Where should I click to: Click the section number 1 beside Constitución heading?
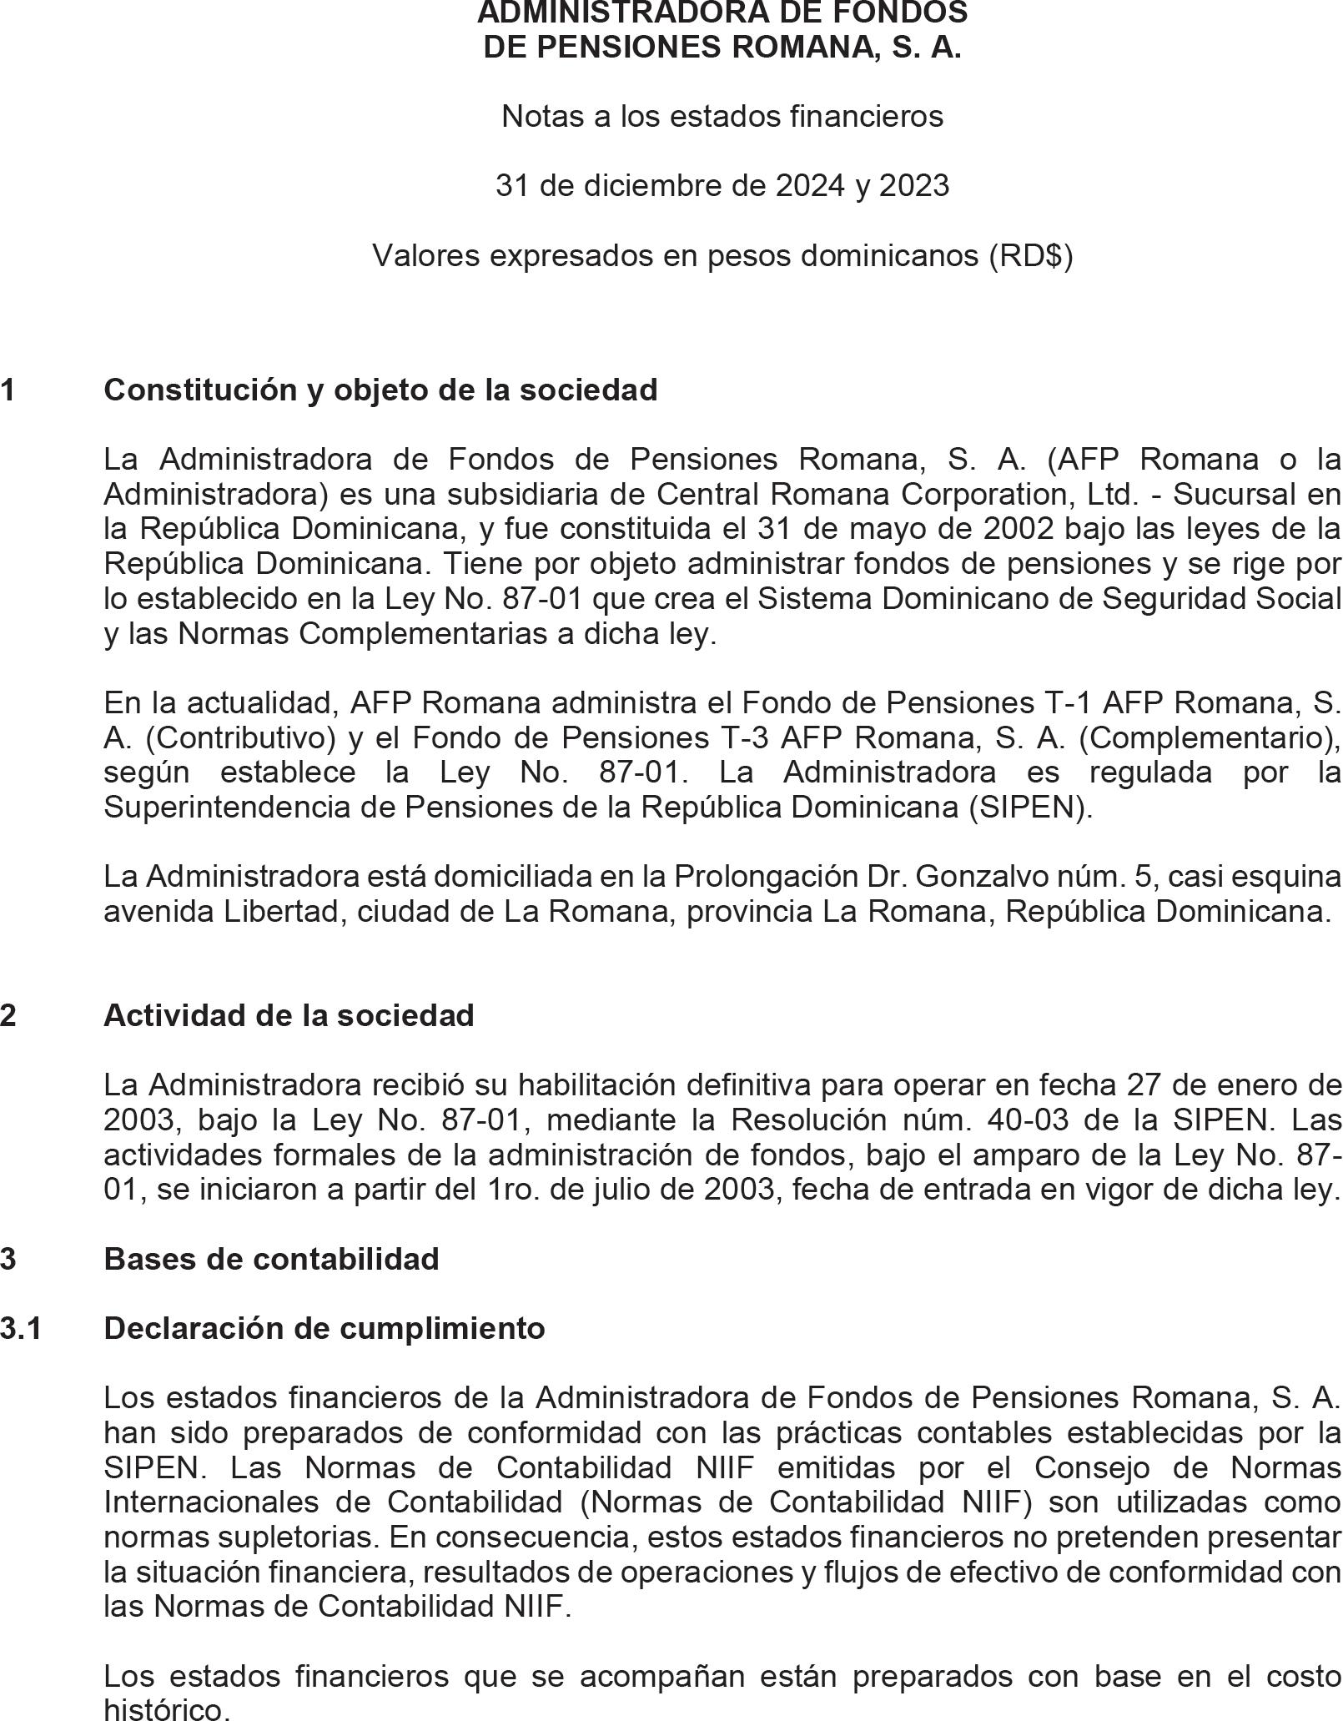8,390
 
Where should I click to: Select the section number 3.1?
21,1327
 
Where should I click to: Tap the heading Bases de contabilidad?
271,1258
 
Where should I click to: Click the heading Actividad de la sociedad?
289,1015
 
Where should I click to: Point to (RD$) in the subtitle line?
1030,255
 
